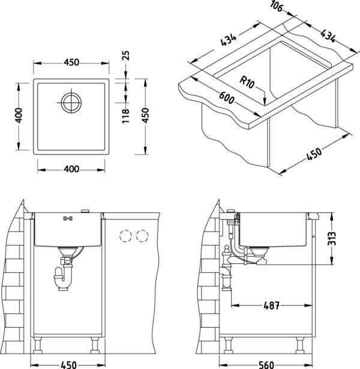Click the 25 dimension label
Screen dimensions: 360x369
(x=127, y=56)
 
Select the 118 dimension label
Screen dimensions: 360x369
(x=125, y=116)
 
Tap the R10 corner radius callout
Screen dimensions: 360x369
(x=247, y=82)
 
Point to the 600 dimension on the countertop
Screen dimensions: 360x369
(x=227, y=98)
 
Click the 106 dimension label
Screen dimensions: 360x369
(x=276, y=6)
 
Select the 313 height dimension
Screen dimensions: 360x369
(x=332, y=238)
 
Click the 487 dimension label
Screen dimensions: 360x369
(x=272, y=305)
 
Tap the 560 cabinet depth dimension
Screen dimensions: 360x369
(x=266, y=365)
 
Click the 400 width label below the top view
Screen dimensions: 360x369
(x=71, y=169)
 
